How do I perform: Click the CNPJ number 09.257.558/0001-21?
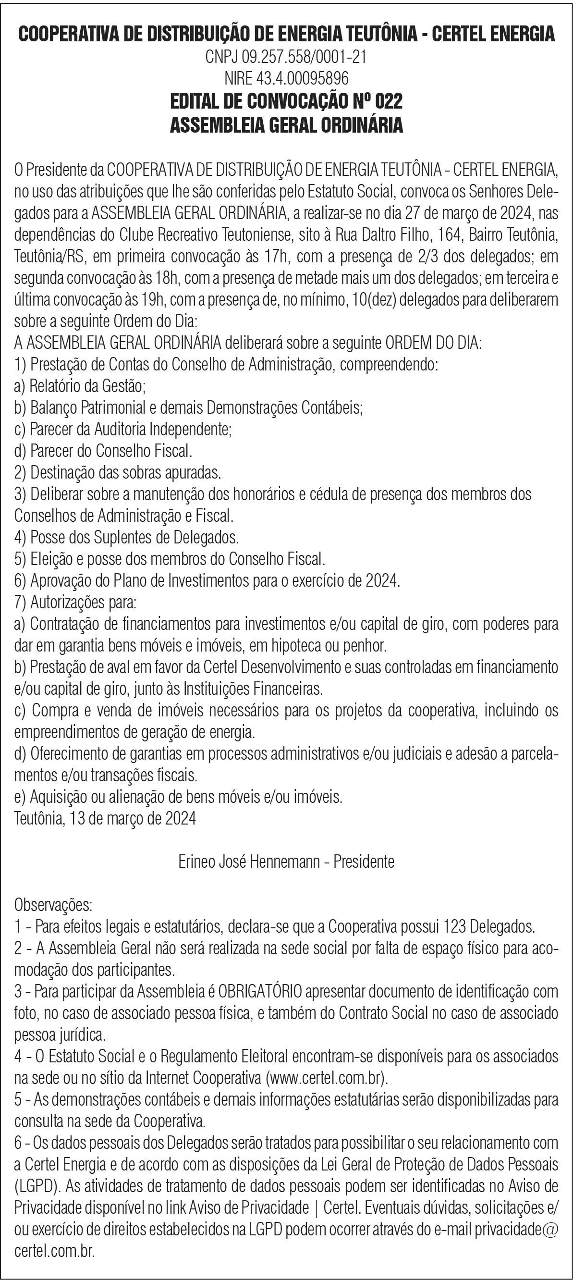304,58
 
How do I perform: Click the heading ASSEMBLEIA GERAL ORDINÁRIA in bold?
286,124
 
